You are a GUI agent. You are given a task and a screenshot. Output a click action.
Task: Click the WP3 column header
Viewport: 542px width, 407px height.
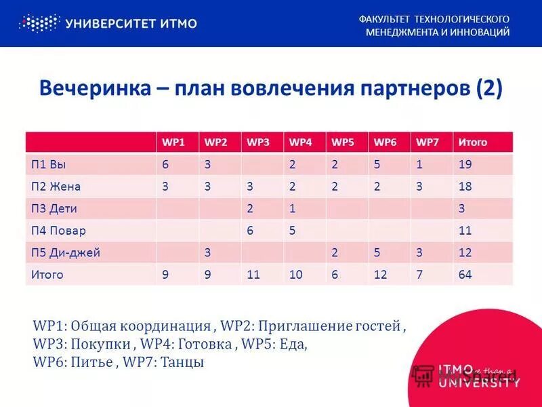(258, 142)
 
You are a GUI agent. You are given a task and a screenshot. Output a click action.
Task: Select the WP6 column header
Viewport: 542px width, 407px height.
(385, 142)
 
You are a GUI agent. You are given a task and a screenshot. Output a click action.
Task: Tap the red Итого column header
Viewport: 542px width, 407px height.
(472, 142)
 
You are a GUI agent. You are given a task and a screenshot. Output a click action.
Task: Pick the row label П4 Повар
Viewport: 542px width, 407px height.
(58, 231)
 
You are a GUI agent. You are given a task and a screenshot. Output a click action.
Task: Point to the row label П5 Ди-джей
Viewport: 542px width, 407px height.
(66, 252)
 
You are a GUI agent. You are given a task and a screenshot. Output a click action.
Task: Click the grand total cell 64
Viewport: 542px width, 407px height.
(465, 275)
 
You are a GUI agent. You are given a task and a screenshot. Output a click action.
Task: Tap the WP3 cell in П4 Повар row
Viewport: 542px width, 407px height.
(250, 231)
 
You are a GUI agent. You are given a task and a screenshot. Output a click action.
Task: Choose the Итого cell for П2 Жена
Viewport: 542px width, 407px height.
(465, 187)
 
